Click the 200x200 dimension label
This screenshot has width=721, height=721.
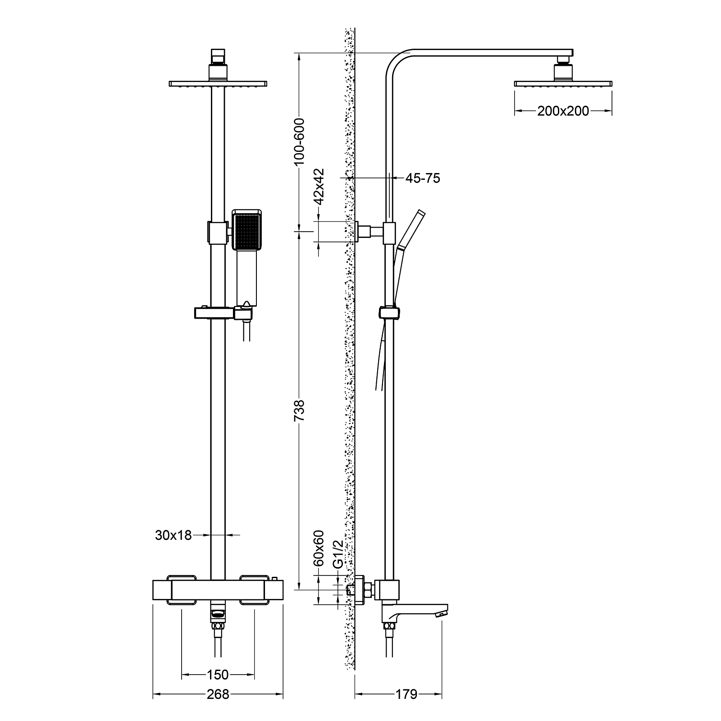(x=562, y=111)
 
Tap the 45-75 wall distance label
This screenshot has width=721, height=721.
(x=422, y=178)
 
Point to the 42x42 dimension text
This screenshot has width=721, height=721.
(x=319, y=187)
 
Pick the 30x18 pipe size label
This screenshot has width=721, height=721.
(x=173, y=535)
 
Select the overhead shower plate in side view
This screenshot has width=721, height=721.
(x=563, y=83)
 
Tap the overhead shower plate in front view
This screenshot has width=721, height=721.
(x=218, y=84)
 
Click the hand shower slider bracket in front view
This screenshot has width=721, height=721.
(x=212, y=312)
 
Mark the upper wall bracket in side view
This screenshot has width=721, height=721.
(x=370, y=232)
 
